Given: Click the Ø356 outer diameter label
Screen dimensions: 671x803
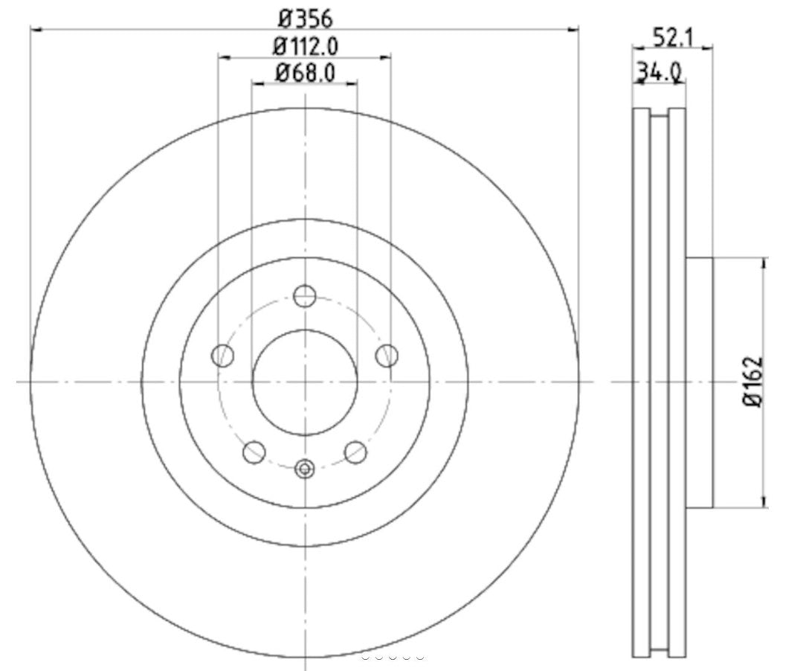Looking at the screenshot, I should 305,16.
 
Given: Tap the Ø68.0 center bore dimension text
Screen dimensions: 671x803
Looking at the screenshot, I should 305,72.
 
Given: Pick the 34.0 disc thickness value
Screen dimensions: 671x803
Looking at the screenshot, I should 659,72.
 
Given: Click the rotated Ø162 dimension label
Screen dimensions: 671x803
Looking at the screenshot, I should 755,382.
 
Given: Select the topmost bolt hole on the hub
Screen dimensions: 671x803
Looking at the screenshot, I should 304,296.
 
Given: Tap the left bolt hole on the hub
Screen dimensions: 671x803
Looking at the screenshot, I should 222,356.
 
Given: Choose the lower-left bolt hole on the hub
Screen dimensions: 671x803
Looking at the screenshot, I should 254,451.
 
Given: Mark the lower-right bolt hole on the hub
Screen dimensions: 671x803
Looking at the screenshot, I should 355,451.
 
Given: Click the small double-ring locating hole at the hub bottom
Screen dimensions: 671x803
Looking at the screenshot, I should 305,469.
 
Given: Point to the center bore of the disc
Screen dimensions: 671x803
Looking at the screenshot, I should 305,382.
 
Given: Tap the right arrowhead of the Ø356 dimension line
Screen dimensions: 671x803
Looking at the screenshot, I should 573,30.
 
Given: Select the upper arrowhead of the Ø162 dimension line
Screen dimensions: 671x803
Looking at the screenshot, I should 765,262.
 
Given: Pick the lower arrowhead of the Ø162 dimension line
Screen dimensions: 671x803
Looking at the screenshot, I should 765,503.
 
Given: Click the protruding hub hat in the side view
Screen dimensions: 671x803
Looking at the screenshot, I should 699,382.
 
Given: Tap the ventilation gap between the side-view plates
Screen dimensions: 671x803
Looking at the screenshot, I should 660,382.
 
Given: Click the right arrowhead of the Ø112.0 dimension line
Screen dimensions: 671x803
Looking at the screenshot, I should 385,57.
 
